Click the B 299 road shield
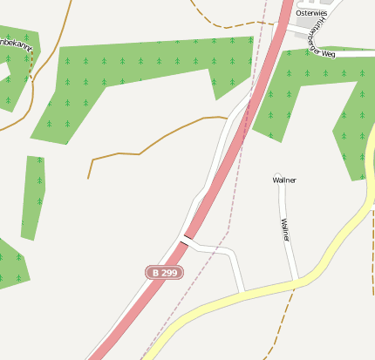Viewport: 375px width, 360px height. [x=165, y=273]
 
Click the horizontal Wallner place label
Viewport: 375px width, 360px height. [x=284, y=180]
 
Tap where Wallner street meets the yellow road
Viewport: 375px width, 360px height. [x=297, y=281]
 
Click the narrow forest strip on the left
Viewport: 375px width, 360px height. [x=34, y=196]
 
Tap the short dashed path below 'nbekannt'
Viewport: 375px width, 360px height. [x=32, y=70]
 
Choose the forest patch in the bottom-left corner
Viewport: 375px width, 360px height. [x=10, y=266]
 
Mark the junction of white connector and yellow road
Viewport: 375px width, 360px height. [x=243, y=290]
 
